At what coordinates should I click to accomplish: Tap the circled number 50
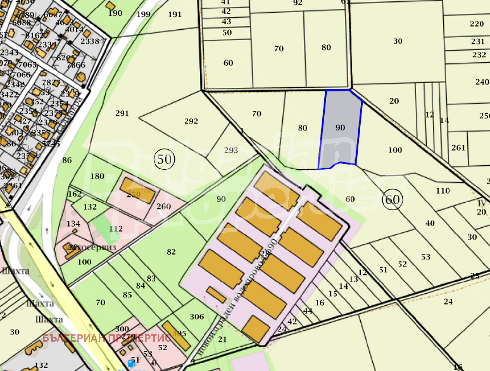[164, 159]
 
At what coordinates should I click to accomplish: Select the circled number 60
[392, 199]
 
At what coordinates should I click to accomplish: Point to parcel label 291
[122, 113]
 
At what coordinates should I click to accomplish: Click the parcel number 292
[191, 121]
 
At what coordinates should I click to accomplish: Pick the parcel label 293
[231, 150]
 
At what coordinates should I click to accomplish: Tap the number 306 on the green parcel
[197, 316]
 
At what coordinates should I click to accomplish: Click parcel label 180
[97, 176]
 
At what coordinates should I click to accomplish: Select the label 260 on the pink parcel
[164, 206]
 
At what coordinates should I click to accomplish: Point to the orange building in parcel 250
[137, 190]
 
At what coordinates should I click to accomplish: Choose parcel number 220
[477, 24]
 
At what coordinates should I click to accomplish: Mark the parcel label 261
[458, 148]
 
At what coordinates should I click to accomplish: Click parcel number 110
[443, 191]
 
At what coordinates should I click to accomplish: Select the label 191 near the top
[175, 14]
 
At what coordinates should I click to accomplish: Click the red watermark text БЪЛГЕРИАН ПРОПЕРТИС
[107, 338]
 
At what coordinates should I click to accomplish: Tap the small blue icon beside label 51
[131, 363]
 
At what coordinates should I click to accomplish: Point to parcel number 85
[127, 295]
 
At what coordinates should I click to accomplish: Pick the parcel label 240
[482, 82]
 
